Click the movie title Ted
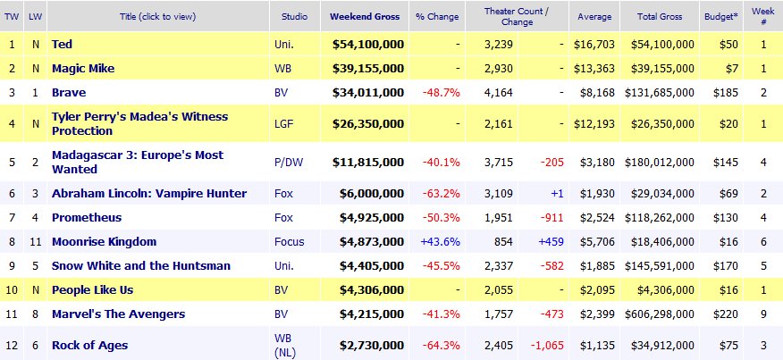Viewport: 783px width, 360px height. coord(62,44)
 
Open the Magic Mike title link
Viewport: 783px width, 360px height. coord(82,68)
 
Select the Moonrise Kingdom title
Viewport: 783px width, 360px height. coord(104,241)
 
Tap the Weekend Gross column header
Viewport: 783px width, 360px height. coord(365,16)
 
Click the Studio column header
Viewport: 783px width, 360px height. coord(295,16)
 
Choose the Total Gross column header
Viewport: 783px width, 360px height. coord(663,16)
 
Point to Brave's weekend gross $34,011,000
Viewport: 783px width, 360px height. coord(368,92)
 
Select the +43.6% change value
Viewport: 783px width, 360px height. coord(440,241)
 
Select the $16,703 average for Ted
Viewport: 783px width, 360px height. coord(593,44)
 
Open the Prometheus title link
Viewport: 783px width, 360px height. coord(87,217)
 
